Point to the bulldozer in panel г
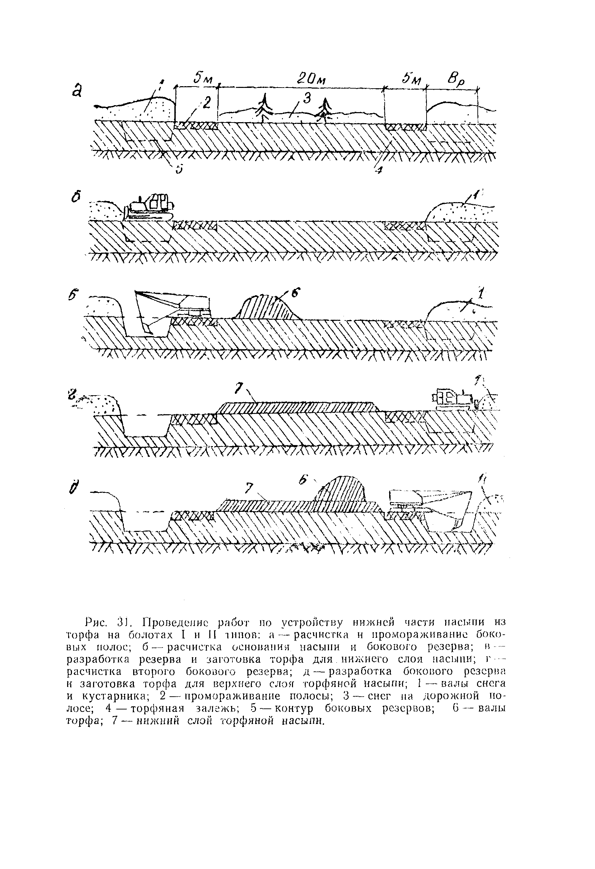pyautogui.click(x=454, y=399)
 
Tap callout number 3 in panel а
pyautogui.click(x=306, y=99)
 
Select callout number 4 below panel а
pyautogui.click(x=378, y=170)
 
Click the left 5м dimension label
pyautogui.click(x=203, y=79)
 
